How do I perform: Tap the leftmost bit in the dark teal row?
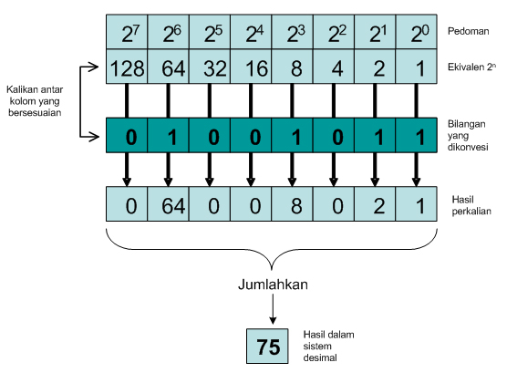[129, 137]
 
